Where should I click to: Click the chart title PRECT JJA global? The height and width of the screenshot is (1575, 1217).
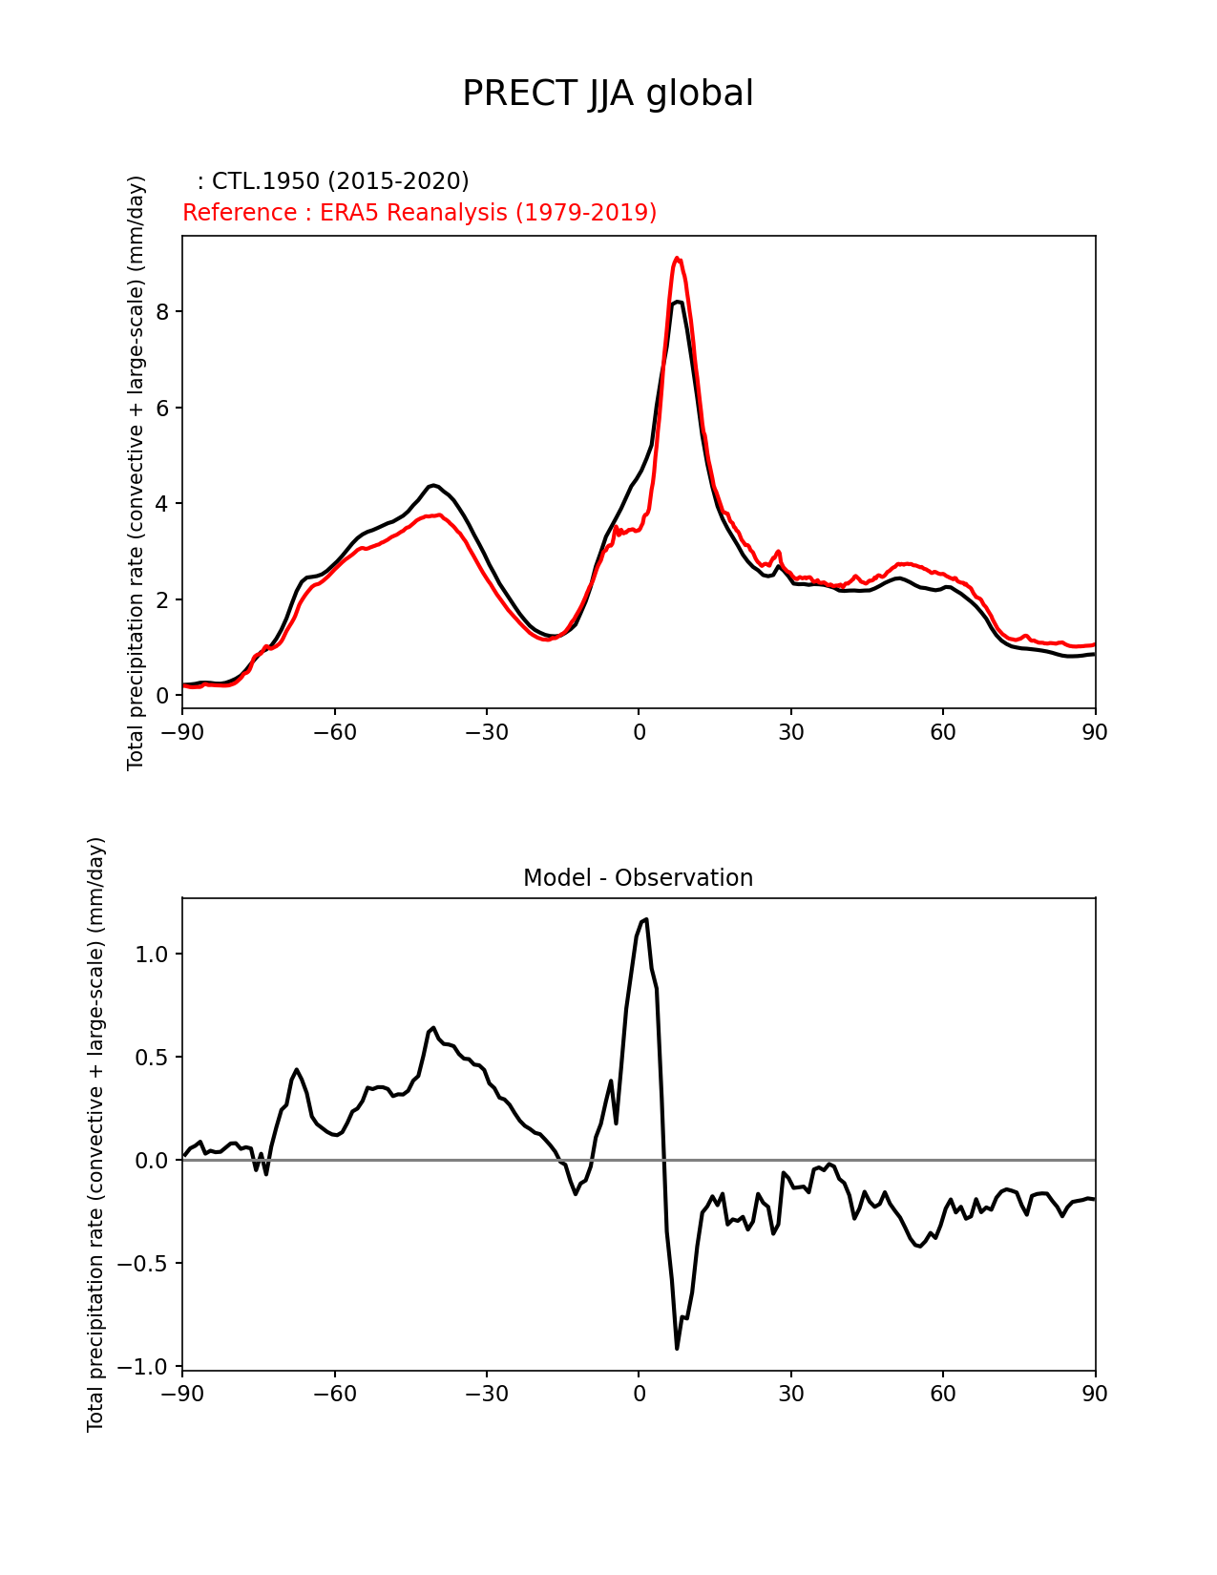[x=608, y=94]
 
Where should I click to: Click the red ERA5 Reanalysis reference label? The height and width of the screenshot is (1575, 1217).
[x=419, y=212]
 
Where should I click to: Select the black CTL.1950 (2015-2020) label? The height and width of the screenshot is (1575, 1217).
[x=333, y=181]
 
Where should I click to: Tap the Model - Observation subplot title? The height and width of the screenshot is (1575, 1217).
[x=638, y=878]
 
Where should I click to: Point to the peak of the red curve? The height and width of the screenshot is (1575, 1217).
[x=677, y=258]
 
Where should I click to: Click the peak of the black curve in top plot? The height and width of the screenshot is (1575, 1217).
[x=677, y=302]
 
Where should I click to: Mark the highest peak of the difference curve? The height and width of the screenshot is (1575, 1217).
[x=646, y=919]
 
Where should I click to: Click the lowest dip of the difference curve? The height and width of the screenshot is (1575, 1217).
[x=677, y=1348]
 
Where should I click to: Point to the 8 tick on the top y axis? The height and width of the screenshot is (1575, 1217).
[x=164, y=312]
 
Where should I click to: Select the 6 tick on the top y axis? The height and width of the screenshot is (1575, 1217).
[x=164, y=408]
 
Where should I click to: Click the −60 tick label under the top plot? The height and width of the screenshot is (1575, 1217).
[x=334, y=732]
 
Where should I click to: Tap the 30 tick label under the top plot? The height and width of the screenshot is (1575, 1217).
[x=791, y=732]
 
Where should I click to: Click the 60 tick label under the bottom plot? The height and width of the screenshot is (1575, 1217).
[x=943, y=1394]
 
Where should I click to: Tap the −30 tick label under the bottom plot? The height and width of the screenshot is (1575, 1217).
[x=486, y=1394]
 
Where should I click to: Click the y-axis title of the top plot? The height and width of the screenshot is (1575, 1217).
[x=136, y=472]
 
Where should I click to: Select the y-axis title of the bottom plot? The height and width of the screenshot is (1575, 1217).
[x=95, y=1134]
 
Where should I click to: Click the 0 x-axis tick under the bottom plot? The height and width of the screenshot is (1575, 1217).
[x=639, y=1394]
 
